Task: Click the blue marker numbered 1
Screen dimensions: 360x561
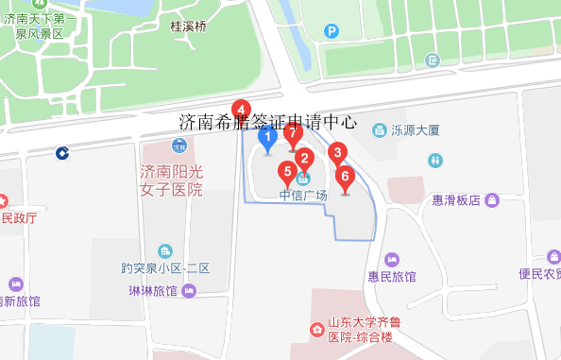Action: pos(267,141)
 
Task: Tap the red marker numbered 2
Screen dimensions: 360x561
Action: pos(304,159)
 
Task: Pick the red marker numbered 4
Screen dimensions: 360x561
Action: pos(242,110)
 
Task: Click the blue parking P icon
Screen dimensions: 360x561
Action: pos(331,31)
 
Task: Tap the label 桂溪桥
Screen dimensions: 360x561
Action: pos(188,27)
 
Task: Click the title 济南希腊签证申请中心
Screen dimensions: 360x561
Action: pos(267,122)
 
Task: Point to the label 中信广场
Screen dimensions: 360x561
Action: pos(303,196)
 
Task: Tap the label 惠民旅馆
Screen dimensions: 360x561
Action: pos(392,277)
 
